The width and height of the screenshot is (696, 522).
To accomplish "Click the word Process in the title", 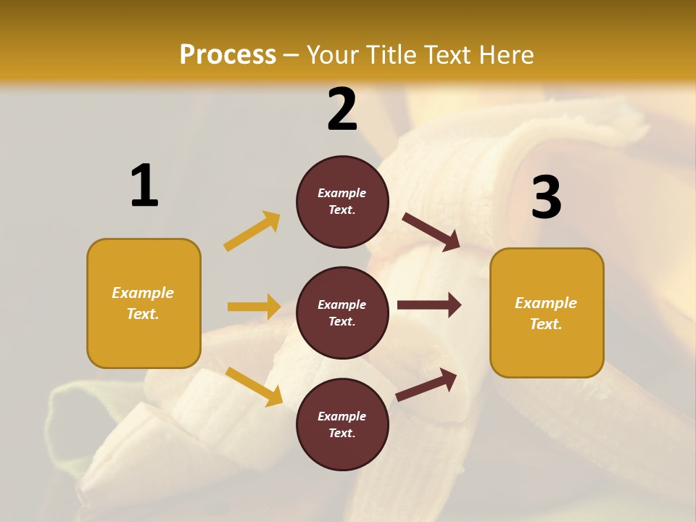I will [x=228, y=55].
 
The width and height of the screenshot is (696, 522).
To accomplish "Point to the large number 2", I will [x=342, y=109].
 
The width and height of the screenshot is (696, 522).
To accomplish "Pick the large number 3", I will [x=546, y=197].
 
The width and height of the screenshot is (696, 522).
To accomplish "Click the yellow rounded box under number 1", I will [x=144, y=303].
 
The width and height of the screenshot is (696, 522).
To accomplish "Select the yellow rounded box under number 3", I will [x=547, y=312].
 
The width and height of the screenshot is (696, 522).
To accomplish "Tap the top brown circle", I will [x=342, y=202].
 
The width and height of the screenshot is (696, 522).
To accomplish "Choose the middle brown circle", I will [x=342, y=312].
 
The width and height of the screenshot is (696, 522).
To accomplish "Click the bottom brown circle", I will [x=342, y=424].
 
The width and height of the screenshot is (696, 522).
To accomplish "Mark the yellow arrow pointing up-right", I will [x=252, y=231].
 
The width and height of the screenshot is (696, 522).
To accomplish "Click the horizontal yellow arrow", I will [x=254, y=307].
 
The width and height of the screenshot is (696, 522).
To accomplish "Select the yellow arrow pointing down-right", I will [x=254, y=386].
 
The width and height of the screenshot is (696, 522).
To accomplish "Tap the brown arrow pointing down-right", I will [x=431, y=232].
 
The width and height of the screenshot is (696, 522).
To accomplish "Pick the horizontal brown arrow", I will [x=429, y=305].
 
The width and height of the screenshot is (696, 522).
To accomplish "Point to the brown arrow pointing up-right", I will [x=426, y=384].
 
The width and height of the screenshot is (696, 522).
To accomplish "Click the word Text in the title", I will [x=444, y=55].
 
